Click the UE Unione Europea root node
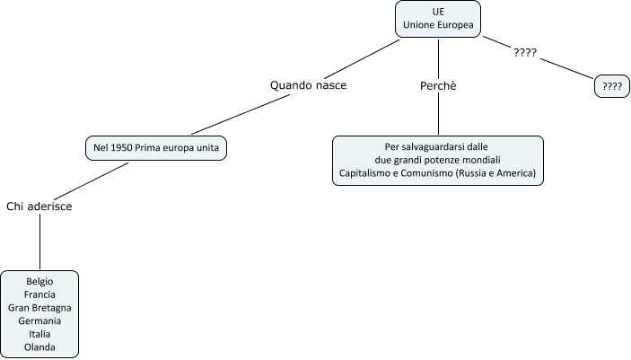pyautogui.click(x=438, y=19)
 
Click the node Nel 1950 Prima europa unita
pyautogui.click(x=156, y=147)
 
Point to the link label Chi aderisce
pyautogui.click(x=39, y=206)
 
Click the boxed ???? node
pyautogui.click(x=612, y=87)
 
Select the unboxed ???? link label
pyautogui.click(x=525, y=52)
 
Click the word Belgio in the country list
pyautogui.click(x=39, y=282)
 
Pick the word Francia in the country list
pyautogui.click(x=39, y=294)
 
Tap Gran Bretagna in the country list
pyautogui.click(x=39, y=308)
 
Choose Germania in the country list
pyautogui.click(x=39, y=320)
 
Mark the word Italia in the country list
pyautogui.click(x=39, y=333)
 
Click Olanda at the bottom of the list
pyautogui.click(x=39, y=346)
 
